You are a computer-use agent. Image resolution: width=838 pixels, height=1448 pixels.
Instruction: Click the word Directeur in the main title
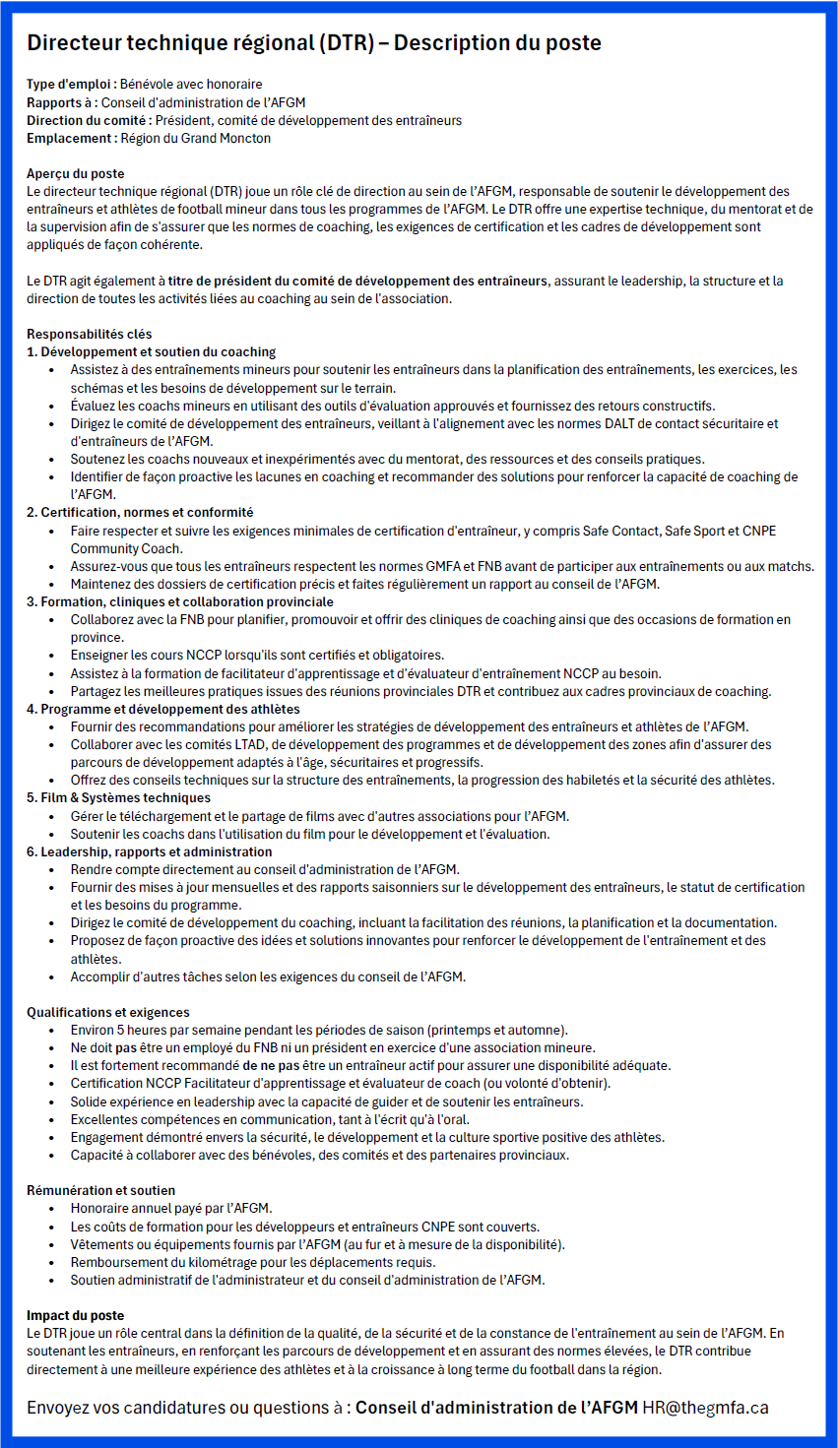click(x=74, y=43)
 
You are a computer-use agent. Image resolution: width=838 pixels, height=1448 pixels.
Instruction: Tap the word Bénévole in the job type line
click(x=149, y=85)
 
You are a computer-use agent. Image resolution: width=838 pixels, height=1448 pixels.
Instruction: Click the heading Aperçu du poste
click(x=76, y=174)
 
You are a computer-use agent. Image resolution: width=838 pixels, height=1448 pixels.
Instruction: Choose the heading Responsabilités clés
click(x=90, y=335)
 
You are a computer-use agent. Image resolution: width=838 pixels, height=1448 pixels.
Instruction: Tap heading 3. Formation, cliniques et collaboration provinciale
click(x=180, y=602)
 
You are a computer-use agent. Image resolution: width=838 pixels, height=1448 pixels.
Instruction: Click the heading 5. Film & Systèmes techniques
click(x=118, y=798)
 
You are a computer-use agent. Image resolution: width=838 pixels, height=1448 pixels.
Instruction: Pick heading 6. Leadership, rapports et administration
click(x=150, y=852)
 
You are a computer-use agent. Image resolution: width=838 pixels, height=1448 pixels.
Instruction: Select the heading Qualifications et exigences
click(x=108, y=1013)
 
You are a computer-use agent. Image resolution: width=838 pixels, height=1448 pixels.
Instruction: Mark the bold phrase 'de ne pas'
click(x=272, y=1066)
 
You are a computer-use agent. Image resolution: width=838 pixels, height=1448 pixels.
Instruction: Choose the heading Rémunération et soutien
click(x=101, y=1191)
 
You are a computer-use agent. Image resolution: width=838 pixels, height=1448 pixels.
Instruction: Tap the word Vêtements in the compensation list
click(x=102, y=1245)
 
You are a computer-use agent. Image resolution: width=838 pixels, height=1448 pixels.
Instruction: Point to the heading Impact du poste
click(x=76, y=1316)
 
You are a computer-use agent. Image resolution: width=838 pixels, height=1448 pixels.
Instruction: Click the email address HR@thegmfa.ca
click(x=705, y=1408)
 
